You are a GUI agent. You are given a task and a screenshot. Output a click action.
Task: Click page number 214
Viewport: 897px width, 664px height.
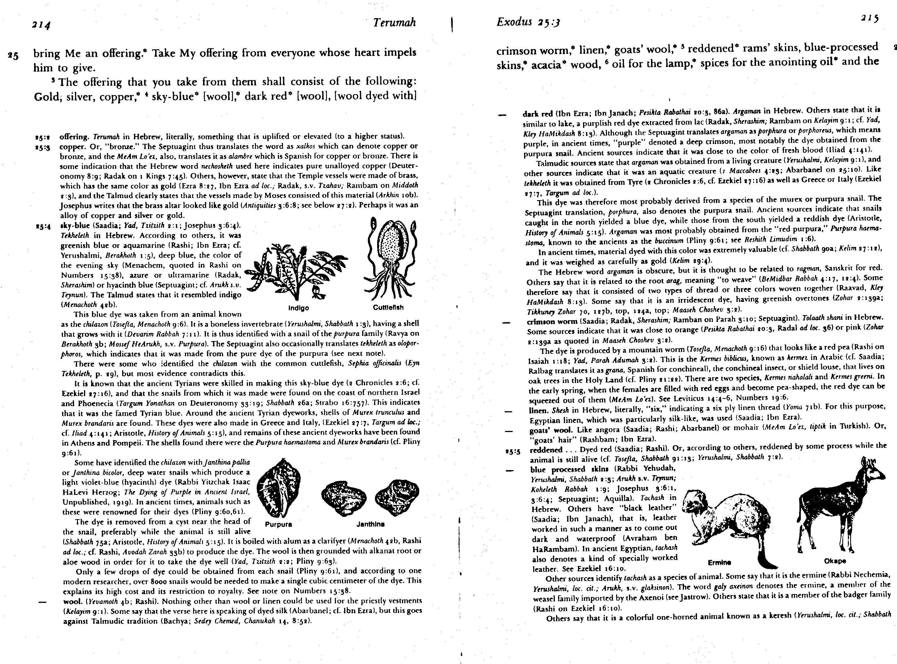coord(41,25)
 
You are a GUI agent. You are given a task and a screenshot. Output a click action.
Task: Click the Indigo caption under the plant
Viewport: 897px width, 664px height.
coord(299,308)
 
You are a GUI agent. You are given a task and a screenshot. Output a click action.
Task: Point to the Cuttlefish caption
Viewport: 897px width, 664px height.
coord(388,307)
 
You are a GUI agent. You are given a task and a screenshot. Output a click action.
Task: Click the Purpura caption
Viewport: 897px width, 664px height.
coord(279,524)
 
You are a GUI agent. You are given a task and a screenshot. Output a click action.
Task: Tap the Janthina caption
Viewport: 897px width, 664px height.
coord(370,524)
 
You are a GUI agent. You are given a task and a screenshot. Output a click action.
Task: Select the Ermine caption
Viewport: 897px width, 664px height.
coord(719,562)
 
